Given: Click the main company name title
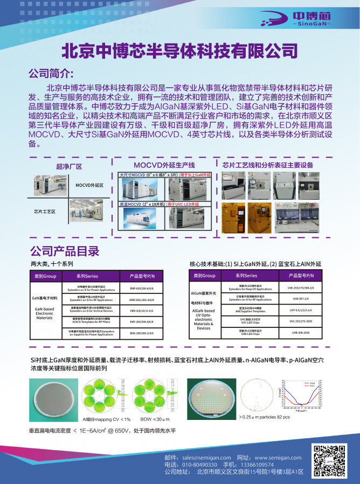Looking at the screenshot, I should point(180,51).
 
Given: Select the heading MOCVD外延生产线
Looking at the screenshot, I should point(164,165).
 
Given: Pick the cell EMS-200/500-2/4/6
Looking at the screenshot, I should point(137,334).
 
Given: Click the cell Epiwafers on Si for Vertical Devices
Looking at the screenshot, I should point(87,311).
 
